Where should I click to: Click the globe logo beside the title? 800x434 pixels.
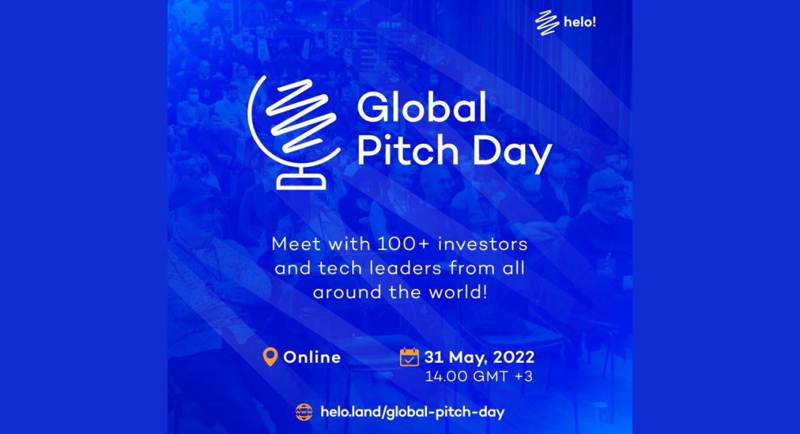point(294,132)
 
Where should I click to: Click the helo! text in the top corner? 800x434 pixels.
point(580,22)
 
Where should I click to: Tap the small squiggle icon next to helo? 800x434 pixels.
point(547,23)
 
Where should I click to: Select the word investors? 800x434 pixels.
point(482,244)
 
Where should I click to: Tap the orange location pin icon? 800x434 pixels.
point(270,357)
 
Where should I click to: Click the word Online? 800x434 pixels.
point(312,357)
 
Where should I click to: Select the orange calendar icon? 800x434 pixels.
point(409,357)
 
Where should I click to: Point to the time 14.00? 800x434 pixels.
point(446,376)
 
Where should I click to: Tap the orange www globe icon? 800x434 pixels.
point(304,412)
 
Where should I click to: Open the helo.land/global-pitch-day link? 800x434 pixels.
point(412,412)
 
